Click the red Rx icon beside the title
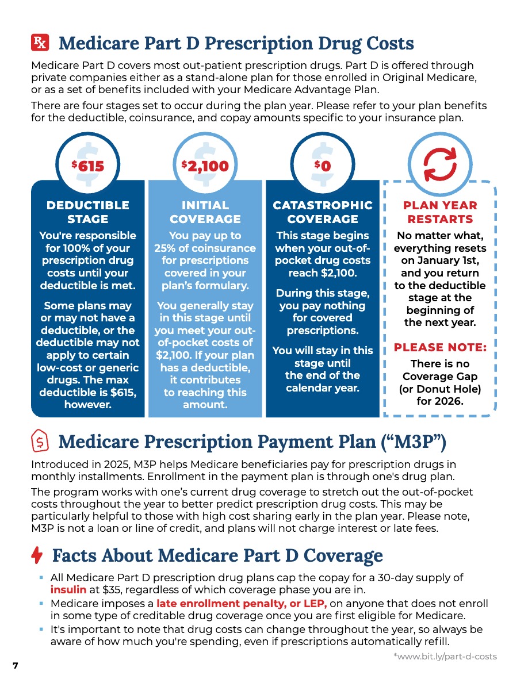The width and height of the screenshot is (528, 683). coord(40,43)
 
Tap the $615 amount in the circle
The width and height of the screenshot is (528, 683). coord(88,166)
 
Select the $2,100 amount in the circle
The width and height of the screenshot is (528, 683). coord(205,166)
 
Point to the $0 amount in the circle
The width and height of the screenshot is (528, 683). coord(323,166)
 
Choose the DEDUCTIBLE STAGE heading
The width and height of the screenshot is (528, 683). coord(88,212)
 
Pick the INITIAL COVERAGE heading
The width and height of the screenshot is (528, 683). coord(205,212)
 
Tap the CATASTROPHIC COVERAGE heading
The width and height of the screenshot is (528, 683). coord(323,212)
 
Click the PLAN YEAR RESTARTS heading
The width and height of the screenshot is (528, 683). coord(440,212)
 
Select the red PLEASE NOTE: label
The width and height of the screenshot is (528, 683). coord(440,347)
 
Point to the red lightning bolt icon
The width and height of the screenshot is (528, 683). coord(37,555)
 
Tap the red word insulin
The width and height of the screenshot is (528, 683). coord(68,590)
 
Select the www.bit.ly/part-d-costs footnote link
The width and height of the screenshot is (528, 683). coord(445,656)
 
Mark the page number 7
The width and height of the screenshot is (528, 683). coord(16,665)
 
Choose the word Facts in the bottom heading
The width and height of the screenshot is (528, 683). coord(74,556)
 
